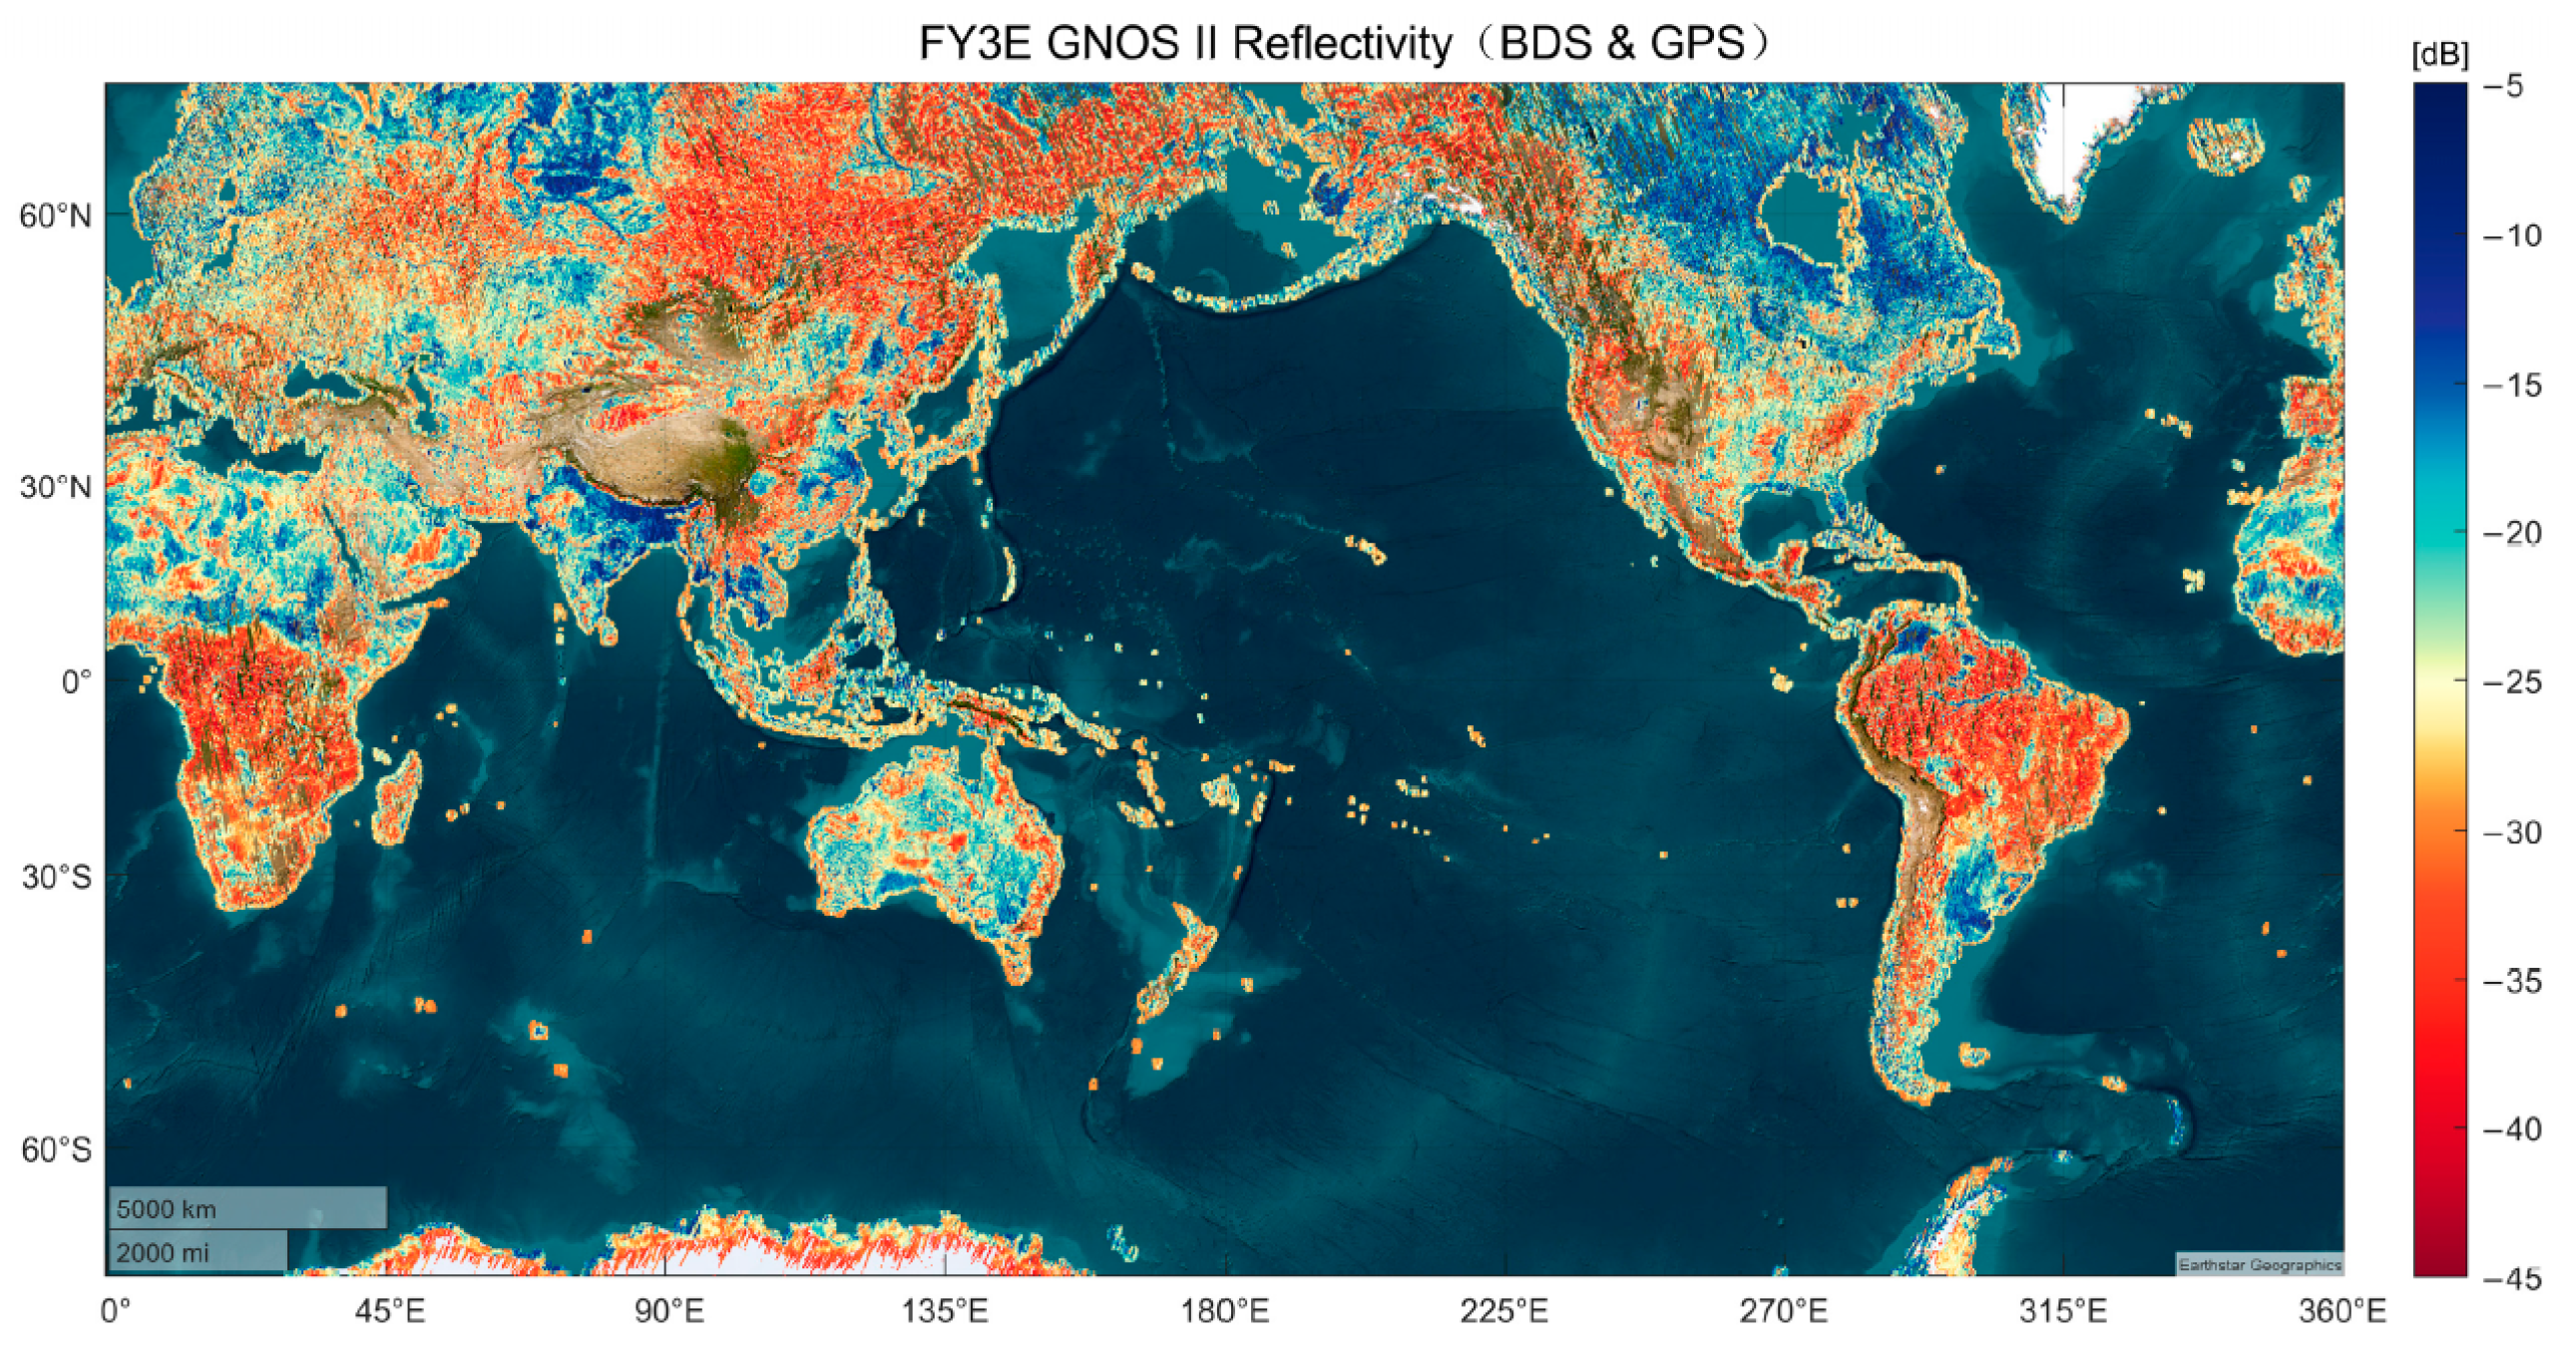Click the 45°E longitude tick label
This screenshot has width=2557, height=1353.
click(389, 1310)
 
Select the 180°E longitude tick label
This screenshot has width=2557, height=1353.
click(1224, 1310)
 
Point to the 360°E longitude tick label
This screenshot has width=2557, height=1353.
click(2341, 1310)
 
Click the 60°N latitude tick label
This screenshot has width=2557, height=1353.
click(55, 216)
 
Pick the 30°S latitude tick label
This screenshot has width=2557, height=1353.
click(56, 877)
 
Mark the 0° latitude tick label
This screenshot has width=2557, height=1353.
click(76, 682)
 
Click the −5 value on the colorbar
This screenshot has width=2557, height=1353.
click(2513, 86)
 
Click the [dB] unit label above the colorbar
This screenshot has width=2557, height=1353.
click(2438, 56)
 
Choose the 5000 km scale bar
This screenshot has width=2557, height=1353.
click(246, 1207)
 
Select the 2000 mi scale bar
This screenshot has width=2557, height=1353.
click(197, 1251)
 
